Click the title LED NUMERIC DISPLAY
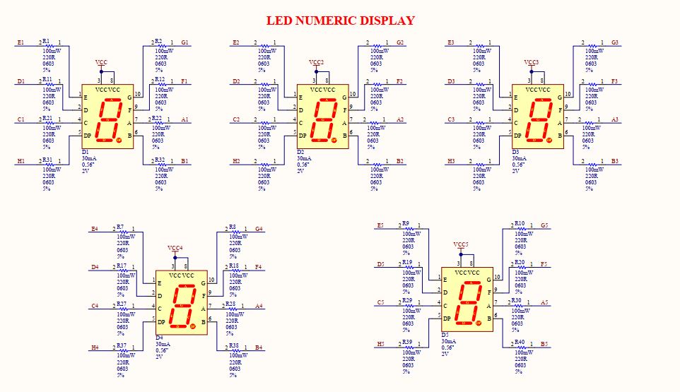(x=340, y=20)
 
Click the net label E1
(x=20, y=42)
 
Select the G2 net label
(x=400, y=42)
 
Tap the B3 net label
(x=615, y=162)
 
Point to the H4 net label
(x=95, y=348)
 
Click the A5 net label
(x=544, y=302)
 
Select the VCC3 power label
(x=532, y=63)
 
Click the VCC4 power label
(x=175, y=249)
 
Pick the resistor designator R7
(x=120, y=227)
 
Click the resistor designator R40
(x=520, y=342)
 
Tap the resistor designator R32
(x=159, y=160)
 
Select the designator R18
(x=233, y=266)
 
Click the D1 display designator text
(x=86, y=153)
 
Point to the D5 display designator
(x=445, y=335)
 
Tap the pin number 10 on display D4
(x=211, y=280)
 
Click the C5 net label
(x=381, y=302)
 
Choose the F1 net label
(x=184, y=81)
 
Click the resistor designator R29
(x=406, y=300)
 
